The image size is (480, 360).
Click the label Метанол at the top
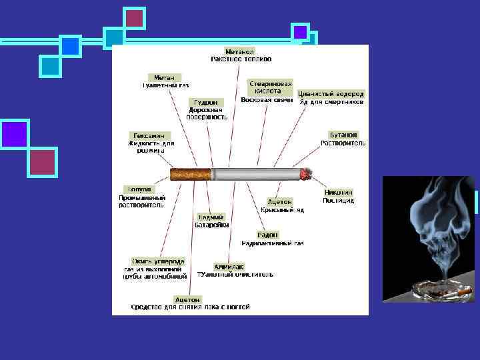point(240,51)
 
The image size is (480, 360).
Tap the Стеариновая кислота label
point(271,87)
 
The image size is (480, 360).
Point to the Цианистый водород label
point(331,94)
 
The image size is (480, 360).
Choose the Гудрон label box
point(203,102)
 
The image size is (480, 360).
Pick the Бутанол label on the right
point(343,135)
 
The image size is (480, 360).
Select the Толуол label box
point(138,189)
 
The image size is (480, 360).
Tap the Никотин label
point(338,192)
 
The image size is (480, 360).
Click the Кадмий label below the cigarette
point(211,217)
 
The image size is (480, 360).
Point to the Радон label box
point(268,235)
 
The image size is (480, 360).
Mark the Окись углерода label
point(158,261)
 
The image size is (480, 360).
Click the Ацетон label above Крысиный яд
point(280,201)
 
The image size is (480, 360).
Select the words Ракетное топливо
point(241,59)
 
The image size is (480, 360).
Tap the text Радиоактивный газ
point(279,243)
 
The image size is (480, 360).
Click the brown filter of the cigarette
point(191,175)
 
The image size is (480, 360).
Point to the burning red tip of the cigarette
point(306,174)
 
